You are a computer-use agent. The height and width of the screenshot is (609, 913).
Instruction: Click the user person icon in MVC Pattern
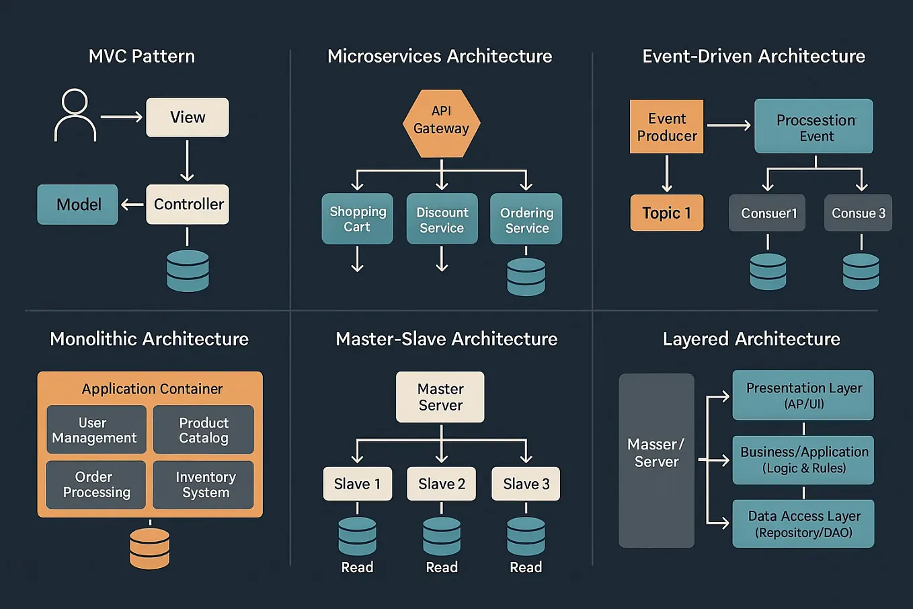(75, 115)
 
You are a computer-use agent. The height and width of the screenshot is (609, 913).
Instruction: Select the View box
(187, 117)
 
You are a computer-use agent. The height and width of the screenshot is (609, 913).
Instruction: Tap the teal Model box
(77, 205)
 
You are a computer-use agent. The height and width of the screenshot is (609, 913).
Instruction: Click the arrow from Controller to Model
(132, 205)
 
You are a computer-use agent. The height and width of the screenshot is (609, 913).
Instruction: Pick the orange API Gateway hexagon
(441, 123)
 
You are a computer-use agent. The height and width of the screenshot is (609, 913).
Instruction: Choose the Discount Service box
(442, 219)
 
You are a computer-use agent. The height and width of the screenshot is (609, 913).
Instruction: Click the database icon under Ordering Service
(526, 276)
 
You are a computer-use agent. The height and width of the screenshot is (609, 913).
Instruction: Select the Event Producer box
(666, 127)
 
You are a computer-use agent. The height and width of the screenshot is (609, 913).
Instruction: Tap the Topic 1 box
(666, 213)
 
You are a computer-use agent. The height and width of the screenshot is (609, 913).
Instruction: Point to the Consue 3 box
(858, 213)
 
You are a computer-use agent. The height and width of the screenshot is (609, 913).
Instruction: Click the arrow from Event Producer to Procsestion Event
(728, 125)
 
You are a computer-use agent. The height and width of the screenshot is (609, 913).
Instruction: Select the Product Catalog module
(203, 430)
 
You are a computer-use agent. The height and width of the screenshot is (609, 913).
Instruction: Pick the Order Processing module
(96, 485)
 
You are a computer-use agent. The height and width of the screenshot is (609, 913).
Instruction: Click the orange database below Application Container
(149, 548)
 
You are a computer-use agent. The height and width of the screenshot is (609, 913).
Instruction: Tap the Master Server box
(440, 397)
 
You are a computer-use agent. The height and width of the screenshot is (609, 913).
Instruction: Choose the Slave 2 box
(441, 484)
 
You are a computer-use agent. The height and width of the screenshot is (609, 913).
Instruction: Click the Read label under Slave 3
(526, 567)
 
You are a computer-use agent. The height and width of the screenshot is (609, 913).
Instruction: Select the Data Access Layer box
(803, 524)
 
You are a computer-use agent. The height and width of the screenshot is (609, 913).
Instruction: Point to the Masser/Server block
(656, 460)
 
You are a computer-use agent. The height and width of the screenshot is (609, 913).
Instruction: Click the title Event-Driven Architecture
(753, 56)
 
